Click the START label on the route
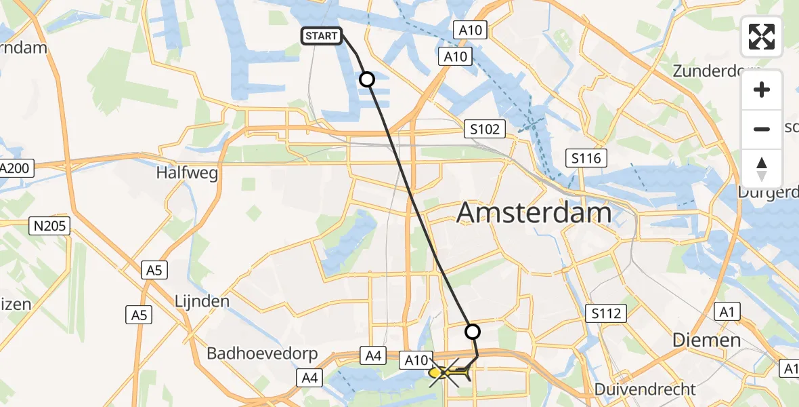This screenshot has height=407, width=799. pyautogui.click(x=322, y=36)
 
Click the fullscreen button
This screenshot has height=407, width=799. pyautogui.click(x=762, y=37)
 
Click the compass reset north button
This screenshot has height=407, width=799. pyautogui.click(x=762, y=168)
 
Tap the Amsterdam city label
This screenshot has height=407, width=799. pyautogui.click(x=534, y=213)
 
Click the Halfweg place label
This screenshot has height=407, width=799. pyautogui.click(x=187, y=173)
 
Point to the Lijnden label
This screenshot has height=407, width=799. pyautogui.click(x=202, y=301)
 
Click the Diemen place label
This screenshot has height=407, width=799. pyautogui.click(x=706, y=341)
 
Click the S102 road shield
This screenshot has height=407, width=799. pyautogui.click(x=485, y=129)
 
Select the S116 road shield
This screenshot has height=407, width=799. pyautogui.click(x=586, y=159)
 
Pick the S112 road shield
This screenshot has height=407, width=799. pyautogui.click(x=606, y=313)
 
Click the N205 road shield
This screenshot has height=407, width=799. pyautogui.click(x=51, y=226)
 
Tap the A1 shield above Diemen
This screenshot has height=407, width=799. pyautogui.click(x=727, y=311)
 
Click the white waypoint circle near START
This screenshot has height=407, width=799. pyautogui.click(x=366, y=80)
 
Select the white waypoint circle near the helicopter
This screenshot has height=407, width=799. pyautogui.click(x=473, y=332)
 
